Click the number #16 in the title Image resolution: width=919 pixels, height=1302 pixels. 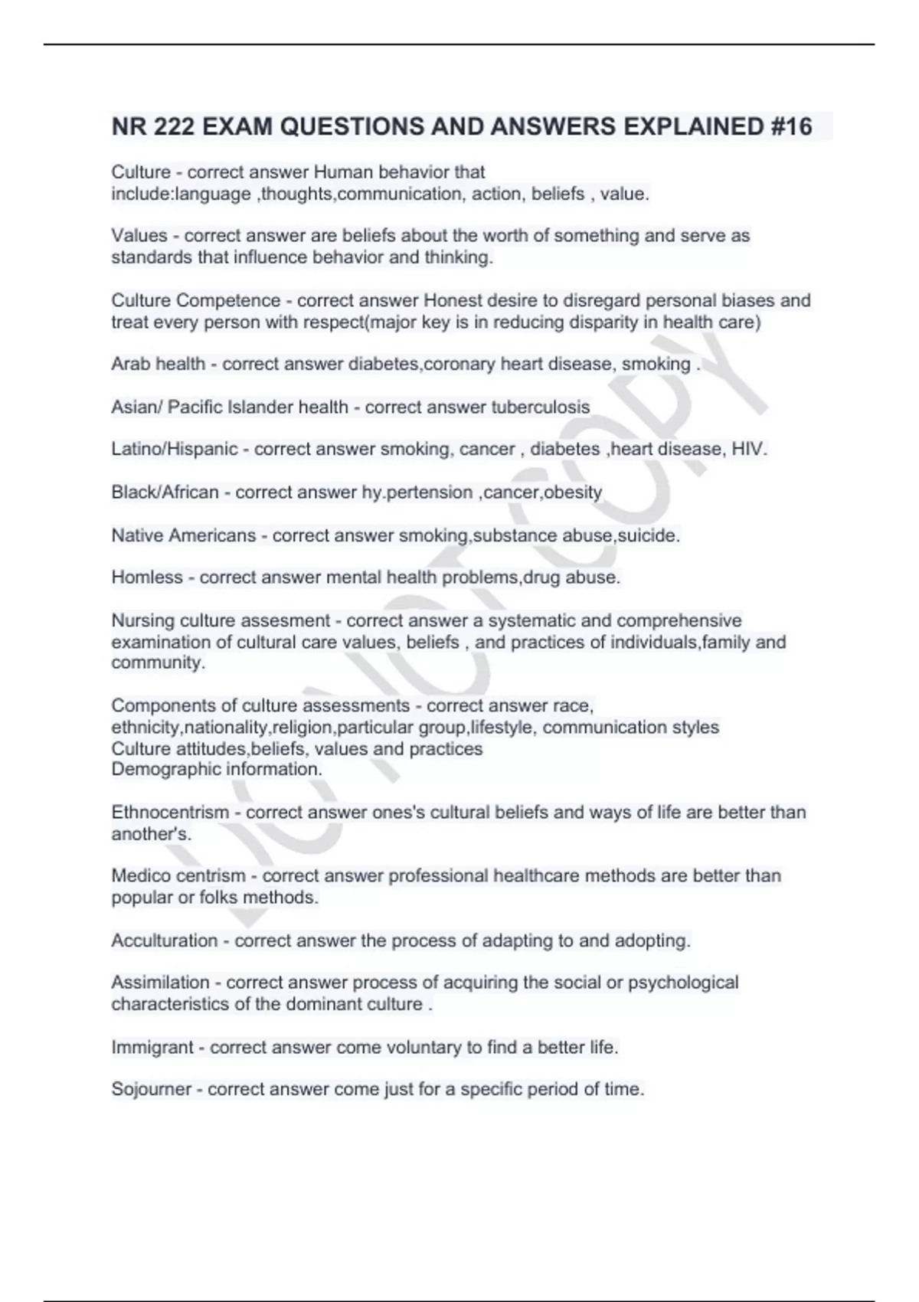tap(790, 126)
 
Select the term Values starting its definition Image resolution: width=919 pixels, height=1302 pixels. tap(139, 236)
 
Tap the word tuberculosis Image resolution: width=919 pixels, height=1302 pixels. tap(540, 407)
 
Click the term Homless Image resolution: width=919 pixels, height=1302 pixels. tap(147, 577)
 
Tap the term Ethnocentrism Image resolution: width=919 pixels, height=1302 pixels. tap(170, 813)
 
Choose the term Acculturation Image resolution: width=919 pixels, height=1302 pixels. tap(165, 941)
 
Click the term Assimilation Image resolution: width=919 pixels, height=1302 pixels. tap(160, 983)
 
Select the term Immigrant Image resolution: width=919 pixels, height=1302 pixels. tap(152, 1047)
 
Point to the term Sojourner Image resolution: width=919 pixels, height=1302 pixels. tap(151, 1089)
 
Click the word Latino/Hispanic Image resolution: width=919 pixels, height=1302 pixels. tap(175, 449)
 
